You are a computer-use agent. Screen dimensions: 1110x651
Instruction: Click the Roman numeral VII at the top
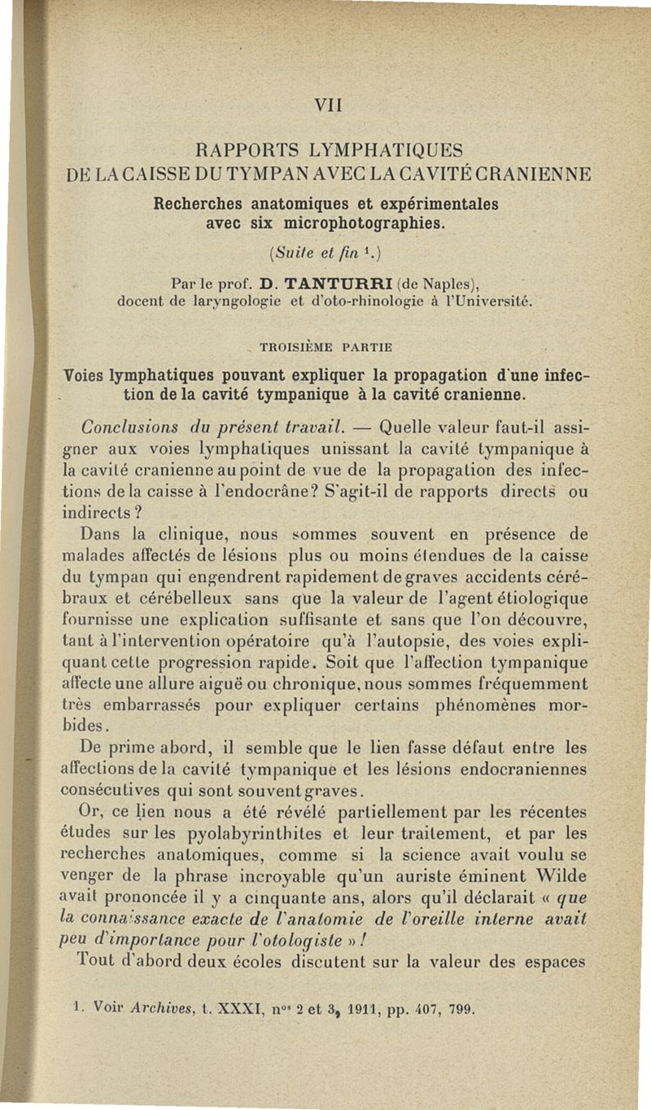point(324,105)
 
